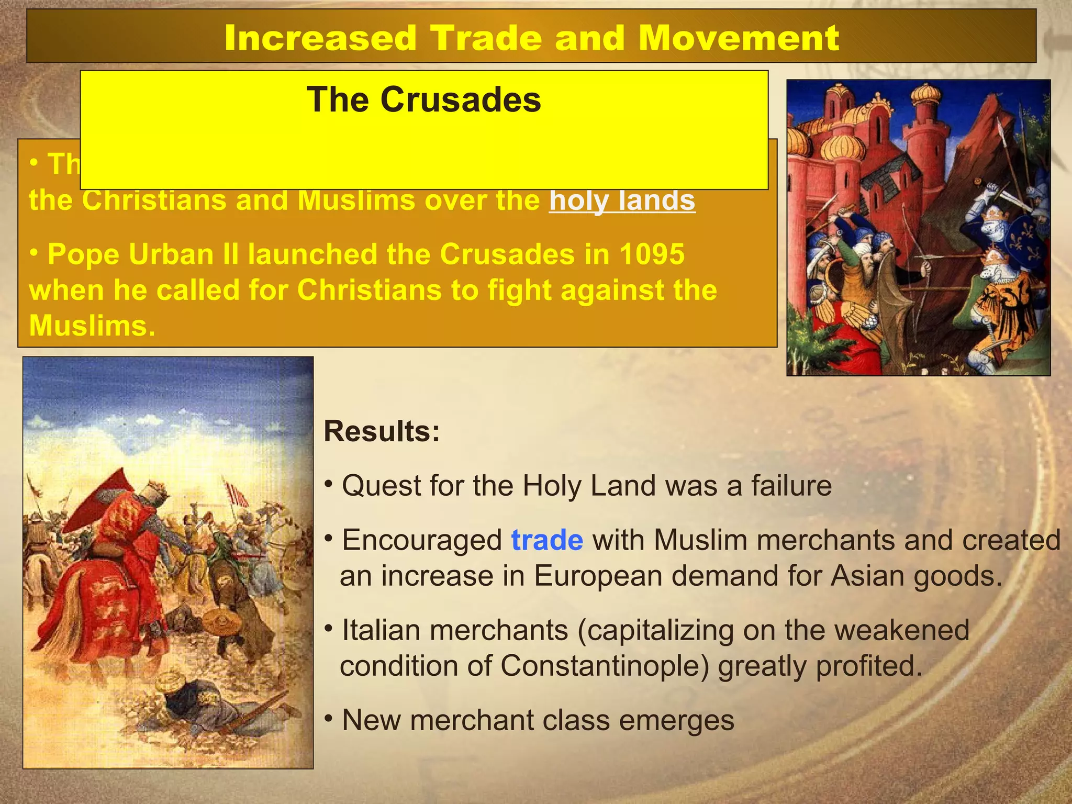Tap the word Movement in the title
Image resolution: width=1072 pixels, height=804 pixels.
739,38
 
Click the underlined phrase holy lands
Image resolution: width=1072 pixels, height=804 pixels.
622,200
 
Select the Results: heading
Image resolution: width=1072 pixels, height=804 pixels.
382,432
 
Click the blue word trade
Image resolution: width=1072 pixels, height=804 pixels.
546,540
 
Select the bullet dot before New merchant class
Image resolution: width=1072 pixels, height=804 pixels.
328,718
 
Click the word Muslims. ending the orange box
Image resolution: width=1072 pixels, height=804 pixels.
92,326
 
